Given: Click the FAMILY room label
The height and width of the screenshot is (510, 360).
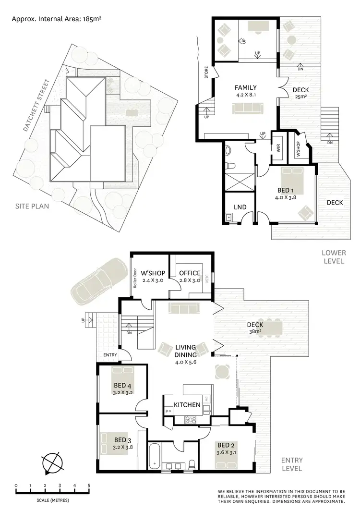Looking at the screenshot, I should point(245,88).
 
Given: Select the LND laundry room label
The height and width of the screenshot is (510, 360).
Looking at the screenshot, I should point(240,207).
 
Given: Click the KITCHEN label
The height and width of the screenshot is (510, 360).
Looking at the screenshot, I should point(187,405).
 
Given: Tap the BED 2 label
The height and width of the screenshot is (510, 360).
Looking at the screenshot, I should point(226,445).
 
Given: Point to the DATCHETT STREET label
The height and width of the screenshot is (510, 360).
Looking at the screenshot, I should point(36,106).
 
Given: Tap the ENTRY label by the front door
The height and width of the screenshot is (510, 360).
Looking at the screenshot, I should point(110,355).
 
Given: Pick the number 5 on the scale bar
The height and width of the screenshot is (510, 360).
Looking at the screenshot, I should point(89,486).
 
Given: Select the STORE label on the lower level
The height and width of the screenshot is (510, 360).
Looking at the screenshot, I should point(206,75).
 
